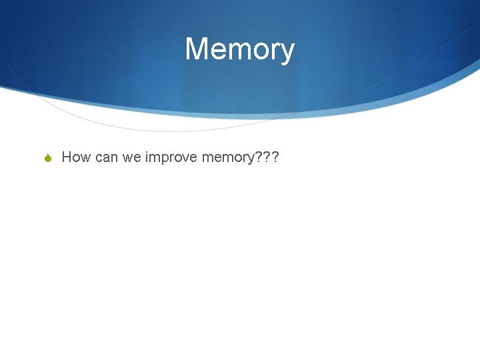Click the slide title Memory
[239, 50]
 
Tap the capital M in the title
[197, 49]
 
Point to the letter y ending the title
[287, 53]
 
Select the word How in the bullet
[76, 157]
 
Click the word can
[106, 158]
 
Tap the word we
[132, 158]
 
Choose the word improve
[167, 158]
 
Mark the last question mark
[273, 157]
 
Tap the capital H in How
[67, 157]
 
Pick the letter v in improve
[180, 159]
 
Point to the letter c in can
[98, 159]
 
